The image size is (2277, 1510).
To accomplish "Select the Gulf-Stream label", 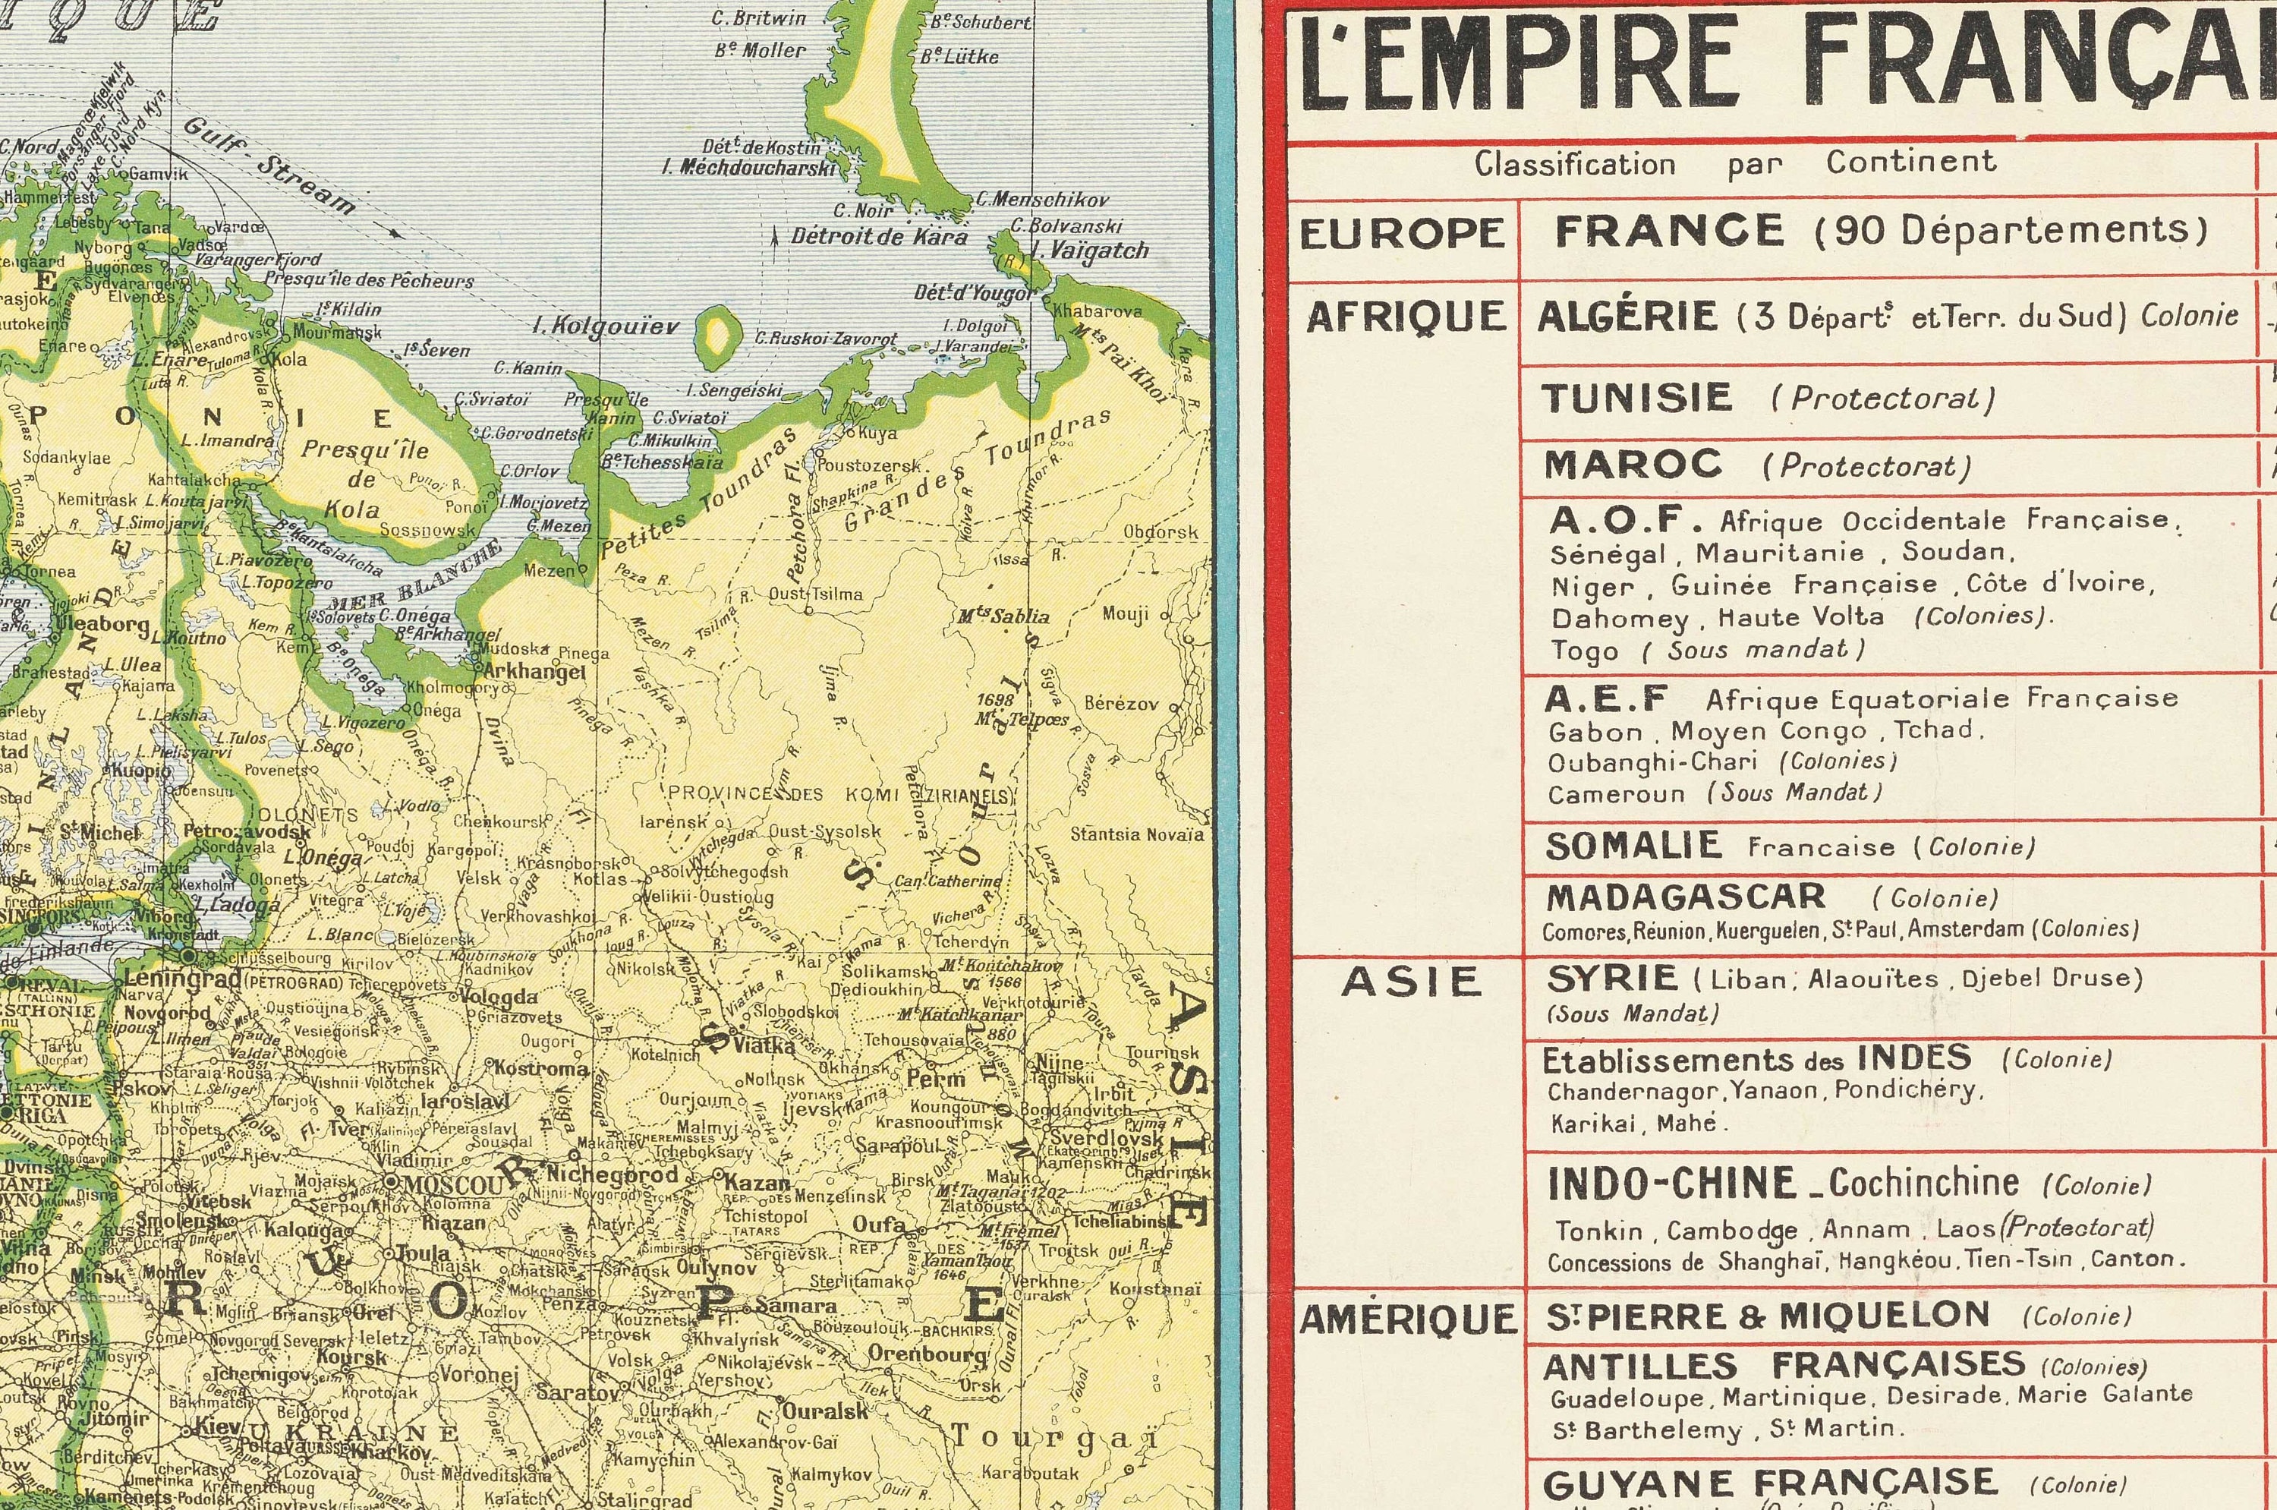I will pyautogui.click(x=269, y=165).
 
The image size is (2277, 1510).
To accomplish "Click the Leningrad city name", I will pyautogui.click(x=183, y=979).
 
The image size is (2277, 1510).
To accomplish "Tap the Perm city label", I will pyautogui.click(x=937, y=1079).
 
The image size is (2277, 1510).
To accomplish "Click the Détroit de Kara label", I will pyautogui.click(x=878, y=236).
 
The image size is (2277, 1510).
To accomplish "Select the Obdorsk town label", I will pyautogui.click(x=1161, y=531).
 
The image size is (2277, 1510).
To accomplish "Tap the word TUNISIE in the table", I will pyautogui.click(x=1636, y=398).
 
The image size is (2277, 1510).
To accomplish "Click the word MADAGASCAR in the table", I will pyautogui.click(x=1685, y=897).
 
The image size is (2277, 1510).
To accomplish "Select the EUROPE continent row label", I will pyautogui.click(x=1402, y=234).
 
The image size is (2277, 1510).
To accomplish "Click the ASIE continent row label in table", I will pyautogui.click(x=1410, y=982).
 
